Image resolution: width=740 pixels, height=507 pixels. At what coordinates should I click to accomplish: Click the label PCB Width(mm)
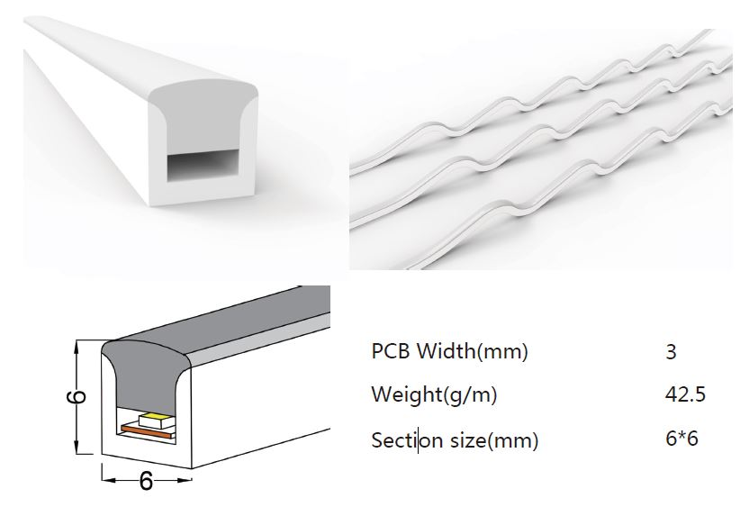coord(449,351)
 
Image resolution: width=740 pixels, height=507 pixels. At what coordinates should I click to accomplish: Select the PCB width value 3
coord(671,351)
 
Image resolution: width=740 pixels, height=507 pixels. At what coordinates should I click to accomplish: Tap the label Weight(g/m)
coord(434,394)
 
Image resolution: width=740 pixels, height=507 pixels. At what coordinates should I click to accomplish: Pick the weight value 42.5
coord(685,394)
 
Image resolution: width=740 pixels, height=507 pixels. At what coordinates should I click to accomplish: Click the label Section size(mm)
coord(455,440)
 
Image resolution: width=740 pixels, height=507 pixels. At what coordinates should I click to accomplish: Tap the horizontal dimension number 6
coord(146,481)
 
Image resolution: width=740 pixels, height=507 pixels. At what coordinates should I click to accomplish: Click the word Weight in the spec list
coord(396,394)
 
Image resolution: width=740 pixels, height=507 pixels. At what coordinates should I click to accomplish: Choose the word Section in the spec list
coord(401,440)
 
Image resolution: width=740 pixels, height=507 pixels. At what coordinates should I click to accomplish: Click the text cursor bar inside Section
coord(418,441)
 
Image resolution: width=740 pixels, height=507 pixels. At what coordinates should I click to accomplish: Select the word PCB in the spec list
coord(389,351)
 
